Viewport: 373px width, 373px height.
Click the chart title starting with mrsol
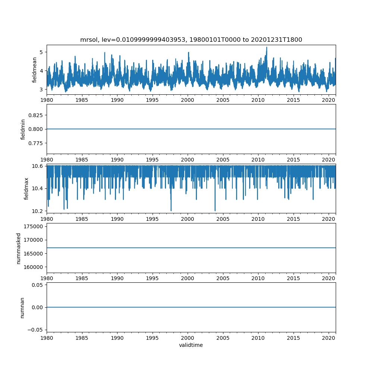pos(191,40)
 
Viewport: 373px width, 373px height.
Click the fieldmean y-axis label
pos(35,70)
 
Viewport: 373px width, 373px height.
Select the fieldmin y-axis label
pos(23,129)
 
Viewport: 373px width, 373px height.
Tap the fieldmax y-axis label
pos(26,188)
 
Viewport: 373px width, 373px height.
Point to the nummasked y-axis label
pos(18,248)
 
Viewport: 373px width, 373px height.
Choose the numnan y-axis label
pos(22,307)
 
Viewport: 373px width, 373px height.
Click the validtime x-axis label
pos(191,345)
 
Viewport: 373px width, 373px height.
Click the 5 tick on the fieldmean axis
pos(41,52)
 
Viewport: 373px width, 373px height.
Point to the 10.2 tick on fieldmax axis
pos(38,211)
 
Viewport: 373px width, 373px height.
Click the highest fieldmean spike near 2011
pos(267,47)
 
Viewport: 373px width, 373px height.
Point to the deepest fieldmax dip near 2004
pos(215,210)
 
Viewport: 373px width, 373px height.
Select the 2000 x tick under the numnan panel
pos(188,338)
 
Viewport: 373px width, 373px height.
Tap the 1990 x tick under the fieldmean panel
pos(117,100)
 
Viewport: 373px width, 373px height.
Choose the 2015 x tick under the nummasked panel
pos(294,278)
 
